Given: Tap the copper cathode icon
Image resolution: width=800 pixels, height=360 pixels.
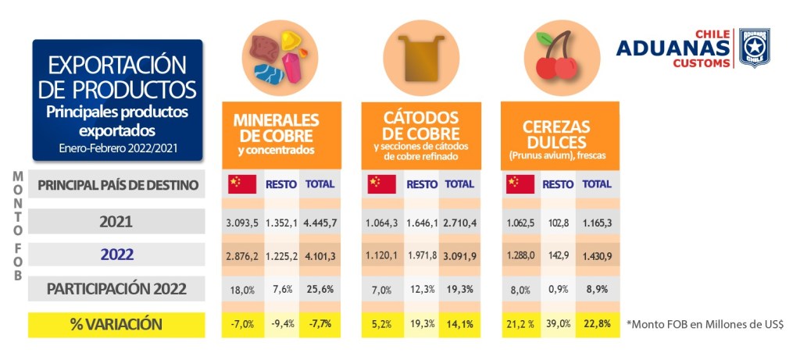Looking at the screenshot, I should [x=420, y=56].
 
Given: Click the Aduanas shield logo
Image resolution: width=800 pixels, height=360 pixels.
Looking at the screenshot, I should [x=754, y=48].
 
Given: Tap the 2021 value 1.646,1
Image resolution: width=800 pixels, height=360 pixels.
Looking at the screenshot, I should [x=422, y=223].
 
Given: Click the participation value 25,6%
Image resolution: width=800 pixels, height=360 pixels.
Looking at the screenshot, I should [x=321, y=289].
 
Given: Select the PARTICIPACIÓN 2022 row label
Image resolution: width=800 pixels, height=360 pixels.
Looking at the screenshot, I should [x=116, y=289].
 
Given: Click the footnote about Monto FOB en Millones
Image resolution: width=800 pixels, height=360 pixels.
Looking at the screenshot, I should [x=705, y=324].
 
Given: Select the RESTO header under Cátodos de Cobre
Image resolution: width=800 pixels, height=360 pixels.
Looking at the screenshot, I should [x=422, y=184].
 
